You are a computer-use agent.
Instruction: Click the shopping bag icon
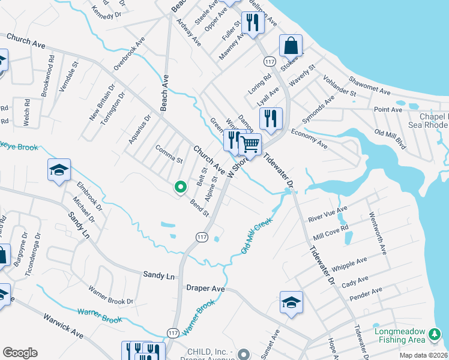point(291,46)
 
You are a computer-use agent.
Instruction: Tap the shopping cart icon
point(250,145)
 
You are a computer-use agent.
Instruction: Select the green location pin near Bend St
point(179,187)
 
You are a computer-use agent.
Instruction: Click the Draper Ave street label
point(205,289)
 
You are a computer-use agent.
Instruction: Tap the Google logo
point(20,353)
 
